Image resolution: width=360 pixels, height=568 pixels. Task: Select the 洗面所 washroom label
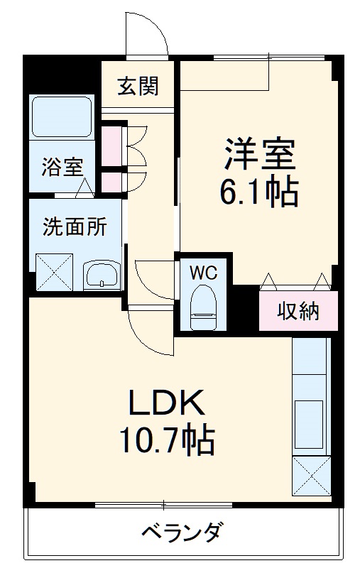pyautogui.click(x=75, y=227)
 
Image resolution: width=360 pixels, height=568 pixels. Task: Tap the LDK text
pyautogui.click(x=167, y=405)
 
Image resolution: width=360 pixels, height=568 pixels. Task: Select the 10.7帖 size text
pyautogui.click(x=167, y=442)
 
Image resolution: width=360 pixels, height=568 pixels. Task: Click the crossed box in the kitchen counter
pyautogui.click(x=311, y=475)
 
